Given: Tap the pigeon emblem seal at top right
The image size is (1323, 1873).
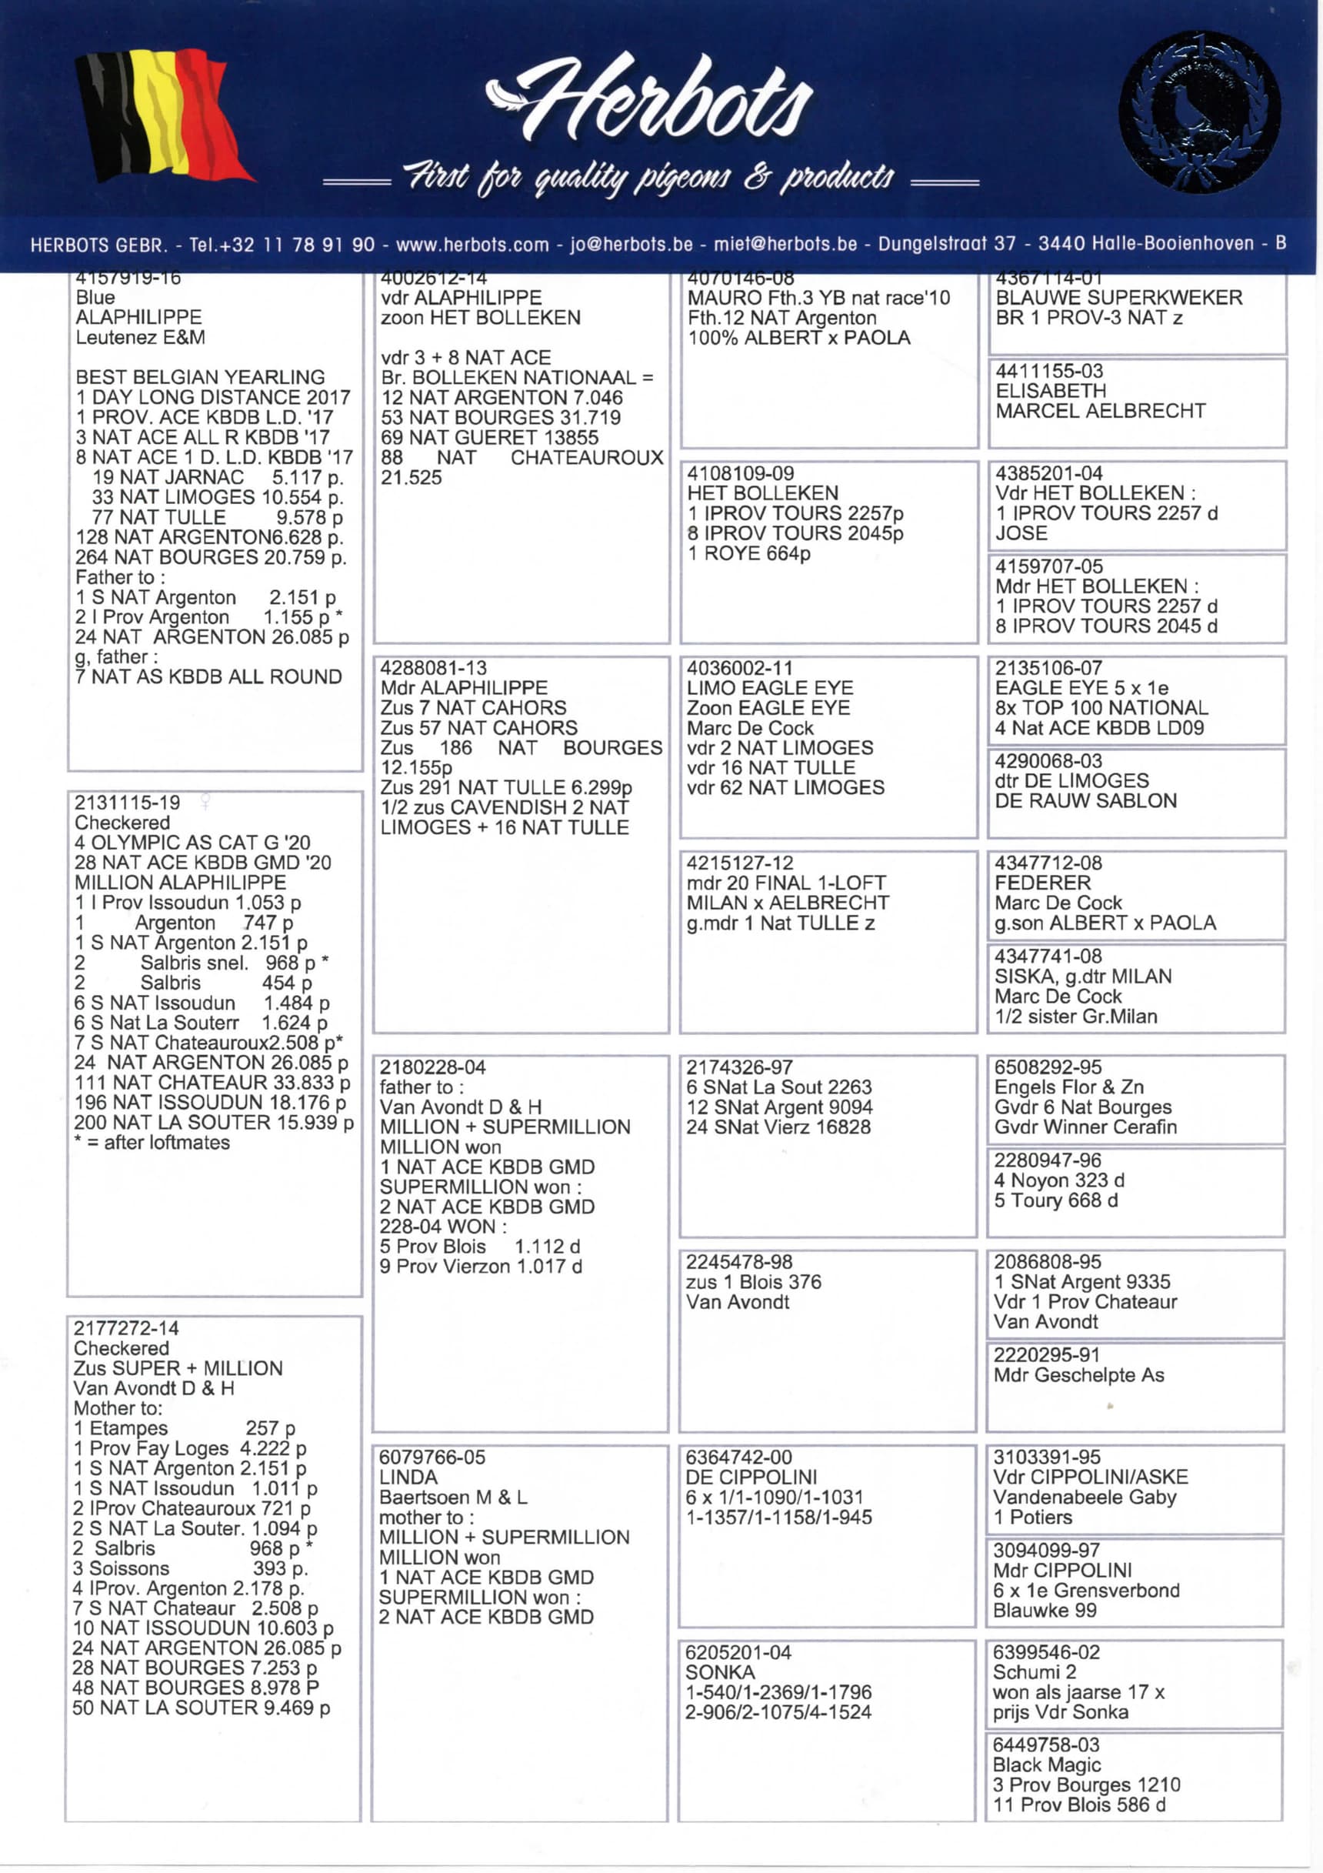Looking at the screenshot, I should [1199, 112].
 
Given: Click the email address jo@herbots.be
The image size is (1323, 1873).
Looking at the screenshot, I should [632, 244].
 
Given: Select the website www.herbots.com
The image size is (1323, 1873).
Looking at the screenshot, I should [472, 244].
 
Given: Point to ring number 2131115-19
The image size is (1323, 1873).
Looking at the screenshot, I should [127, 803].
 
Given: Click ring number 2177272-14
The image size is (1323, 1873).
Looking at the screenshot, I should [126, 1329].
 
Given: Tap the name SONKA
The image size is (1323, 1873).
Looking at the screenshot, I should [719, 1673].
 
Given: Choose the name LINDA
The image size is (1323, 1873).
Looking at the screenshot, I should [408, 1477].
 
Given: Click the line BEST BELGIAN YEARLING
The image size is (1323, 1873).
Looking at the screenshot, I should [200, 377].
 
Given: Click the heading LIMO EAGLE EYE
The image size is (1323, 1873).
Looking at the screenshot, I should [770, 688].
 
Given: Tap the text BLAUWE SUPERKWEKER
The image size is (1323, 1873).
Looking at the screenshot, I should [1118, 298].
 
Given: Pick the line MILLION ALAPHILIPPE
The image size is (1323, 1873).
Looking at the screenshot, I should [180, 883].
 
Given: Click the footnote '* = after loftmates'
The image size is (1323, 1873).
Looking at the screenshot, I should [152, 1142].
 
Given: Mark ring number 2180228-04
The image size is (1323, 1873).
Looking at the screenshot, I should [432, 1067].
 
